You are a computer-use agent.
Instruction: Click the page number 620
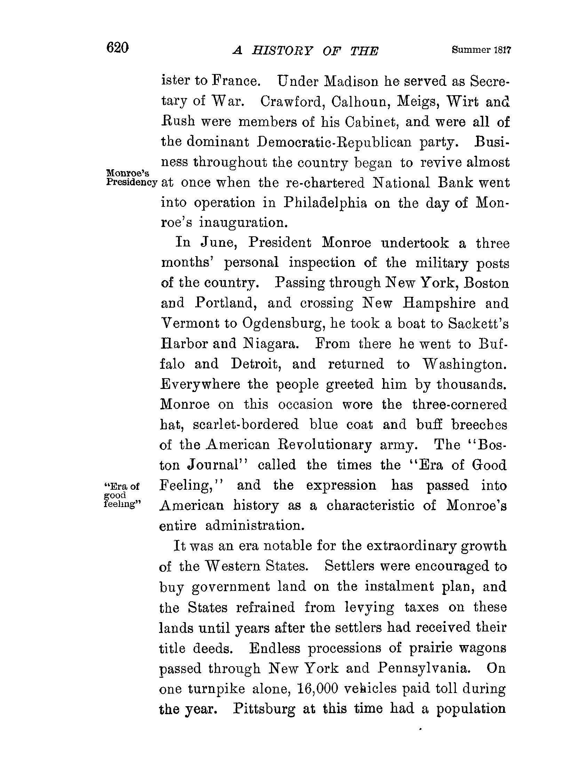(118, 48)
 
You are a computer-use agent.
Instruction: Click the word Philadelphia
(325, 203)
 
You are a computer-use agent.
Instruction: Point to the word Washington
(464, 364)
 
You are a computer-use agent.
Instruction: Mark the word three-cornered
(459, 405)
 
